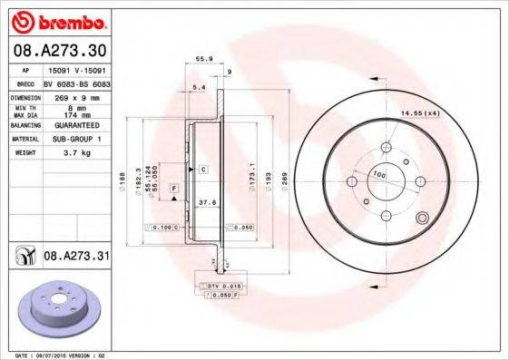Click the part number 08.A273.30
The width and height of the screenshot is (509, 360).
click(58, 49)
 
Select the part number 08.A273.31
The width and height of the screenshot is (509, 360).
click(76, 258)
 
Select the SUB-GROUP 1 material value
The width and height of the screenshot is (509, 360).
click(73, 140)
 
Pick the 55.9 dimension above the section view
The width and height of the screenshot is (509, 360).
click(205, 59)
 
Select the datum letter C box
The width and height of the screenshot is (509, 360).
click(204, 170)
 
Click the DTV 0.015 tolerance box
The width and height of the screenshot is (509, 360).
click(220, 286)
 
